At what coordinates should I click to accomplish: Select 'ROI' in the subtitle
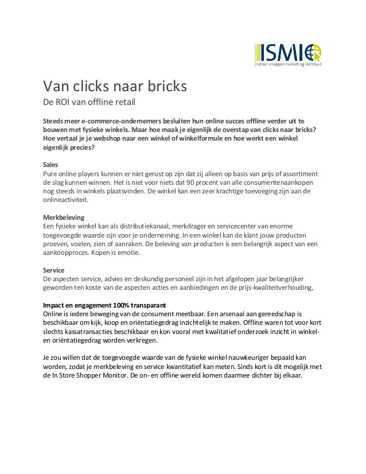pyautogui.click(x=65, y=104)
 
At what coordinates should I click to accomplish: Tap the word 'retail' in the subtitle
pyautogui.click(x=124, y=104)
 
